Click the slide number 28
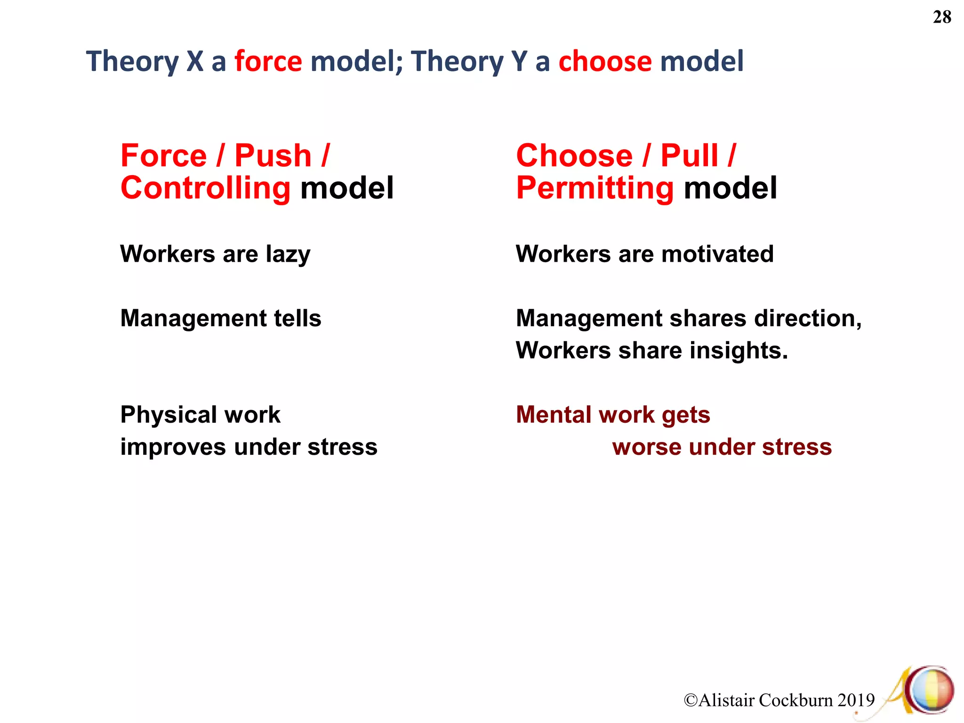tap(942, 17)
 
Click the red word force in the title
tap(268, 62)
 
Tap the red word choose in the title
tap(605, 62)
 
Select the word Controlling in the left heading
tap(206, 188)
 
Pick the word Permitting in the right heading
tap(595, 188)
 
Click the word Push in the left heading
tap(273, 156)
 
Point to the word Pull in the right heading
tap(690, 156)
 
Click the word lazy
tap(288, 255)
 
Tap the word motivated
tap(717, 254)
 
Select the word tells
tap(297, 318)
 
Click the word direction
tap(807, 319)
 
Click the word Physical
tap(168, 415)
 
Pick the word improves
tap(173, 447)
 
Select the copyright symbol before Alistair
tap(691, 700)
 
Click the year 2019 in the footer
tap(856, 700)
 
